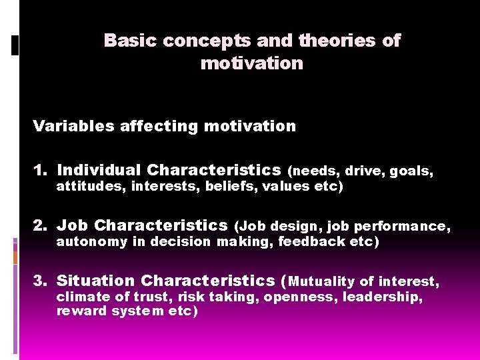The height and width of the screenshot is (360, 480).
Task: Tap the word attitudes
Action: (x=91, y=187)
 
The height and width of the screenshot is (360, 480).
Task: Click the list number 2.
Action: (x=40, y=225)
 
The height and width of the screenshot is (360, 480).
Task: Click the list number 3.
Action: (x=40, y=281)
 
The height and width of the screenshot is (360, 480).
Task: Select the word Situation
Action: (x=96, y=281)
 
